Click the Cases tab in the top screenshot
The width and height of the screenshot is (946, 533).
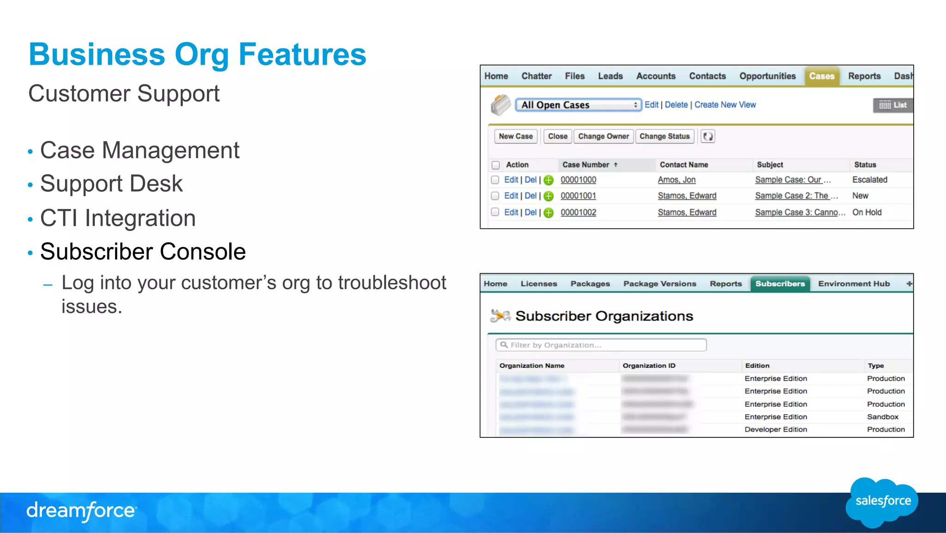point(822,76)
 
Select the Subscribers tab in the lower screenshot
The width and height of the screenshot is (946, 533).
point(780,284)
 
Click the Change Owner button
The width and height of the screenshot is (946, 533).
point(603,136)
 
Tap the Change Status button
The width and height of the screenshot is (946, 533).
point(664,136)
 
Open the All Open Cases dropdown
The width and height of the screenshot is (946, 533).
point(578,105)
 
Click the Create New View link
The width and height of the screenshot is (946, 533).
point(725,105)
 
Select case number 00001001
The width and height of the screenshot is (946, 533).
point(578,196)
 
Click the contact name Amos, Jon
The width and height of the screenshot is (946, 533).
point(676,180)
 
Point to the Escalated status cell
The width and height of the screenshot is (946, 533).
point(869,180)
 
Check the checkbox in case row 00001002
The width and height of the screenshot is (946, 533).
point(495,212)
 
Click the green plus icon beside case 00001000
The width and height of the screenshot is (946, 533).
point(548,180)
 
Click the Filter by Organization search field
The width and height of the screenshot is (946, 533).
point(601,345)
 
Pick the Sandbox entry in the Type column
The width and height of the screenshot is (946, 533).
point(882,417)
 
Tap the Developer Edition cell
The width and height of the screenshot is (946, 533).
point(776,429)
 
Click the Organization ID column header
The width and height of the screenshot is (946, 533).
point(649,366)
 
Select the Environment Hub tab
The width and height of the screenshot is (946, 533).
point(854,284)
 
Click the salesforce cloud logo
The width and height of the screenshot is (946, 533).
point(882,502)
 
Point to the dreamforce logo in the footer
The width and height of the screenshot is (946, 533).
point(81,511)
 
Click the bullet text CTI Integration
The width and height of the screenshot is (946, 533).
point(118,218)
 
